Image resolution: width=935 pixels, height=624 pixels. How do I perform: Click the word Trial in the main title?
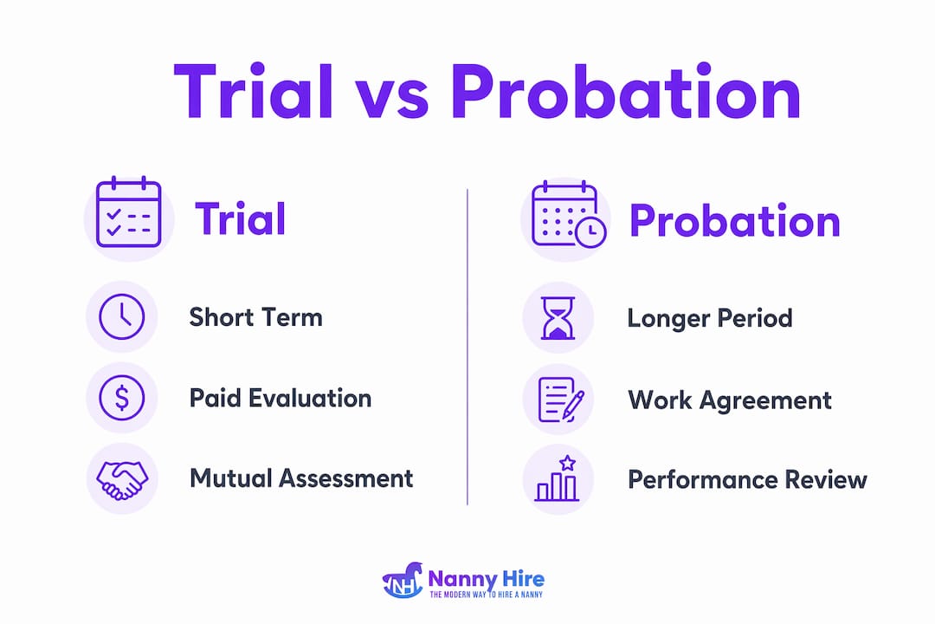tap(254, 91)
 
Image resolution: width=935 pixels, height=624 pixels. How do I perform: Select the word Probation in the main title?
tap(626, 91)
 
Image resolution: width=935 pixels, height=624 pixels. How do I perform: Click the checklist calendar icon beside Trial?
tap(129, 212)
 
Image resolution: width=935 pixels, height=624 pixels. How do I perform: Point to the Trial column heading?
tap(241, 218)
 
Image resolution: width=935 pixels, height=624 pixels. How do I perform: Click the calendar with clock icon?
tap(569, 214)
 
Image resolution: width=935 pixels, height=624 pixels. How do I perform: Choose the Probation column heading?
tap(735, 220)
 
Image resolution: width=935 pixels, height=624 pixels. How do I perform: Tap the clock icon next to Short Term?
tap(122, 316)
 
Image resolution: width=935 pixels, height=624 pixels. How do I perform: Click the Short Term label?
tap(255, 317)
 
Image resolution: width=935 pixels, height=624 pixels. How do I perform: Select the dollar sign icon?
tap(122, 397)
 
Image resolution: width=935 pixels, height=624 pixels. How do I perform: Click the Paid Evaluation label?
tap(280, 398)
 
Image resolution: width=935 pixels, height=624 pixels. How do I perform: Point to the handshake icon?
tap(122, 479)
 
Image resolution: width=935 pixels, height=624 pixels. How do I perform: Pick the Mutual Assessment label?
tap(301, 478)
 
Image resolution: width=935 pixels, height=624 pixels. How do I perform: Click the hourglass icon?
tap(558, 318)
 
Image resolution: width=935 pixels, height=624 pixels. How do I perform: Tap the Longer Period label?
tap(710, 318)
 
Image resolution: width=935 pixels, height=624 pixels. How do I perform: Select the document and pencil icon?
tap(560, 400)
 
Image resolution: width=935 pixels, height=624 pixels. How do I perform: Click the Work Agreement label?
tap(730, 400)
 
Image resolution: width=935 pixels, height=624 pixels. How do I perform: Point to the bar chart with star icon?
tap(557, 478)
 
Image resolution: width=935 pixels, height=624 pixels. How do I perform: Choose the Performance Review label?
tap(747, 479)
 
